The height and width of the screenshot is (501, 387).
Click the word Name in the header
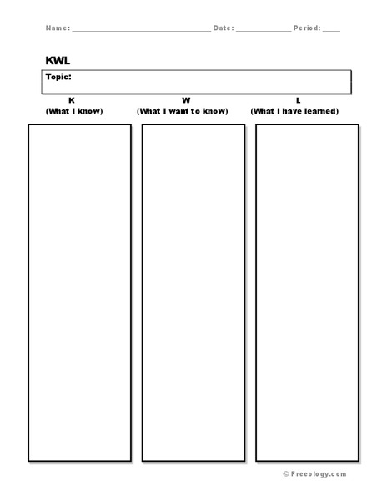tap(56, 28)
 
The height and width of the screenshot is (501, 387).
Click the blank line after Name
tap(141, 29)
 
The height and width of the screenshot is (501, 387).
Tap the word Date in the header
tap(223, 28)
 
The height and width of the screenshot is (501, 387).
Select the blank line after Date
tap(264, 29)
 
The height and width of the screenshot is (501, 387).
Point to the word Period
tap(306, 28)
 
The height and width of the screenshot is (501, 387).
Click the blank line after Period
tap(331, 29)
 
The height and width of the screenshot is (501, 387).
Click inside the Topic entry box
tap(209, 82)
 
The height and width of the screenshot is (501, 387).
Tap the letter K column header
tap(72, 100)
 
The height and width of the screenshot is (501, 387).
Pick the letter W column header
tap(186, 100)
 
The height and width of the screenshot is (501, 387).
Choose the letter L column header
tap(298, 100)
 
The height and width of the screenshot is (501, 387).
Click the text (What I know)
tap(73, 111)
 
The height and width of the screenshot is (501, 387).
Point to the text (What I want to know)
tap(187, 111)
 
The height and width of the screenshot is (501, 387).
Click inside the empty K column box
tap(80, 292)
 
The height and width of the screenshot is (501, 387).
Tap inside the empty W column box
tap(193, 292)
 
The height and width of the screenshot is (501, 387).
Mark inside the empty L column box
tap(307, 292)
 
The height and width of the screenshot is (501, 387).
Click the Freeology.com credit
tap(319, 473)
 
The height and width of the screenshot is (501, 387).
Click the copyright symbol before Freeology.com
tap(286, 473)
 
